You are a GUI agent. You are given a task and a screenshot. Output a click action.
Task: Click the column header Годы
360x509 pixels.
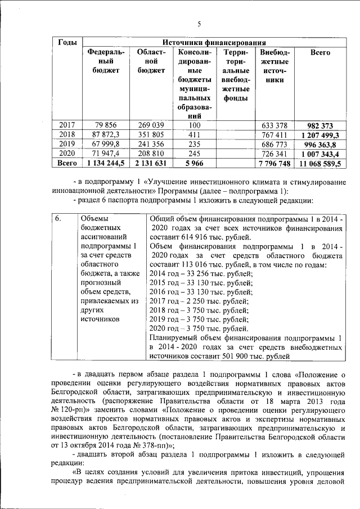[x=68, y=43]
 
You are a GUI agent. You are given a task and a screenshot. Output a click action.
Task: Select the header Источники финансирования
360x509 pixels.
[x=214, y=43]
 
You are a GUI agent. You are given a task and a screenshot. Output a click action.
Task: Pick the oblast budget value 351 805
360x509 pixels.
[x=151, y=135]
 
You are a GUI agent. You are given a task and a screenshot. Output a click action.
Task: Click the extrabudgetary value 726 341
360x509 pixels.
[x=274, y=154]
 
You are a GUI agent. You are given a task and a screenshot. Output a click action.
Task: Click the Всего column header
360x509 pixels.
[x=320, y=52]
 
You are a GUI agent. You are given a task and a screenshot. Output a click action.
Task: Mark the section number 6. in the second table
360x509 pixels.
[x=60, y=218]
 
